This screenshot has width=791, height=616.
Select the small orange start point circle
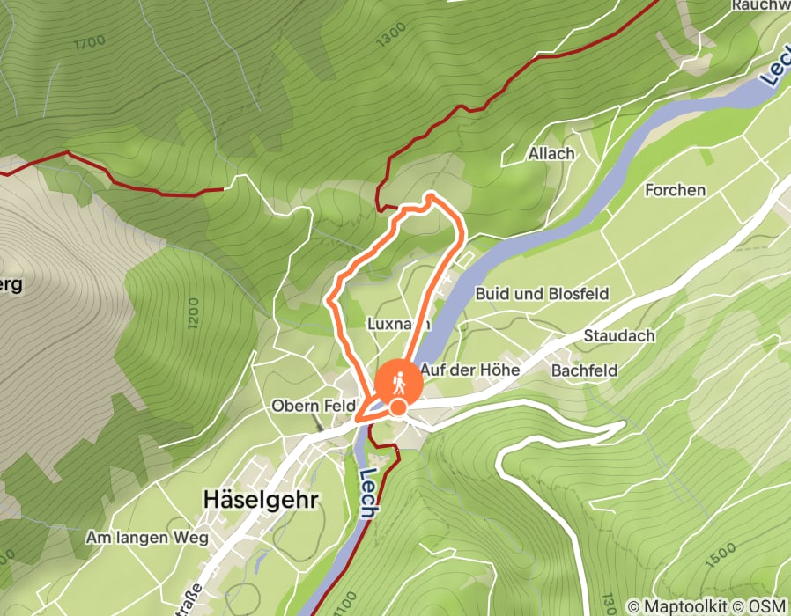coord(398,407)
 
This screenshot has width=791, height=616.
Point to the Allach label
coord(551,153)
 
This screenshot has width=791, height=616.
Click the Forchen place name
coord(675,190)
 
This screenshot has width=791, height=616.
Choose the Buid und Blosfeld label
coord(542,294)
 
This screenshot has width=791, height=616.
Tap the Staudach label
coord(618,336)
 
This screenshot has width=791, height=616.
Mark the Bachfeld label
coord(584,370)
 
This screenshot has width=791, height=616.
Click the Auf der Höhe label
coord(469,370)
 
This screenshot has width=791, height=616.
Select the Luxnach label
coord(396,324)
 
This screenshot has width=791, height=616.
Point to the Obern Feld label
coord(312,407)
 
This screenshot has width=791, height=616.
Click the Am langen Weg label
coord(146,537)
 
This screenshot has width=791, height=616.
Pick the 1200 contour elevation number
coord(193,313)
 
